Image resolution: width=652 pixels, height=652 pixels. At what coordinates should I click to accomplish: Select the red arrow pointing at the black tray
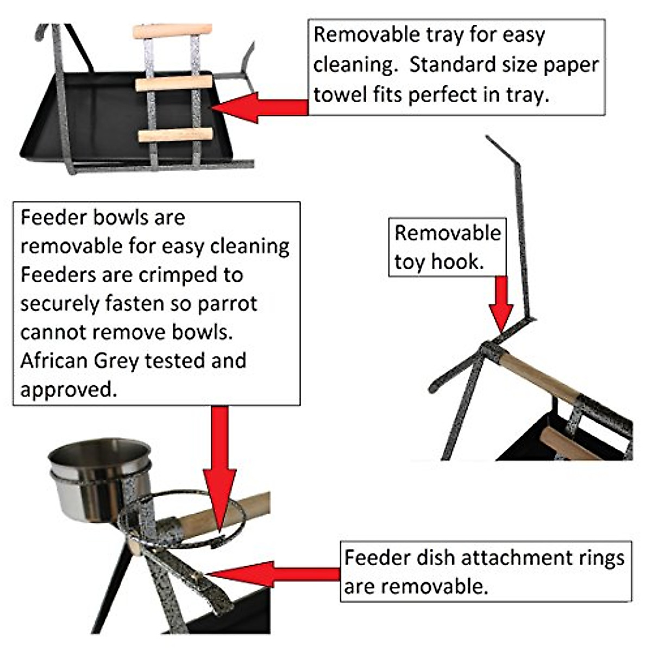tap(255, 107)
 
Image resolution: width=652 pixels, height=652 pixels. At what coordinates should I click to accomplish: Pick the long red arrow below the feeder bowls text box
tap(220, 467)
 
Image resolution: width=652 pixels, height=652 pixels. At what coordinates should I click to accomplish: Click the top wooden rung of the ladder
tap(172, 31)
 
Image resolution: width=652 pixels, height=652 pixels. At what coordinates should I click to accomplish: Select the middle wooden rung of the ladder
tap(173, 83)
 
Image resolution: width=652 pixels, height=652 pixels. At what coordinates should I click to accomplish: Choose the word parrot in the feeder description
tap(227, 303)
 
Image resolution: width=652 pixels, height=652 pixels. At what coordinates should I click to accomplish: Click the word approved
tap(68, 390)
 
